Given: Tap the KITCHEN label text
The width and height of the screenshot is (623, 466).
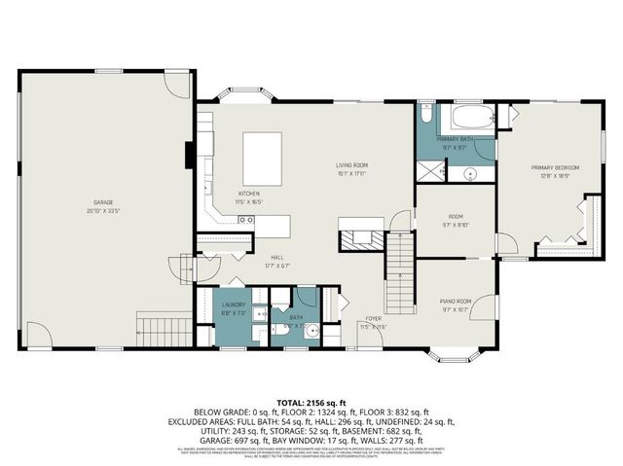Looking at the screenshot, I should [x=249, y=194].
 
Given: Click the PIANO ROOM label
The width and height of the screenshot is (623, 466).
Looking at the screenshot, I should [x=456, y=302].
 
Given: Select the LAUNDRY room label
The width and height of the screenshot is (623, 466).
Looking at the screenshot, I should [x=235, y=305].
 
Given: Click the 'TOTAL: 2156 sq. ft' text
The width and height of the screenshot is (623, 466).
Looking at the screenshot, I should [x=311, y=400].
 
